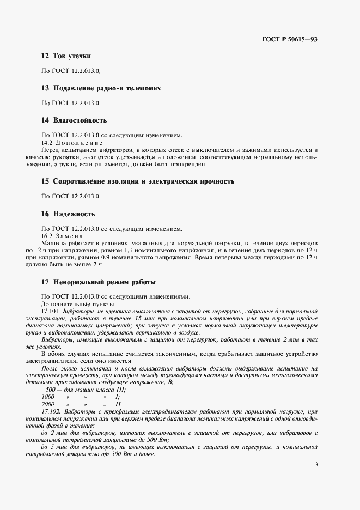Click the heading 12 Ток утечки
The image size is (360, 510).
[66, 56]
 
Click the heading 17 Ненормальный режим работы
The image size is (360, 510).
[99, 282]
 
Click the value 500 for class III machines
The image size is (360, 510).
[51, 389]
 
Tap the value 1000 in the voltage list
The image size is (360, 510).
[48, 397]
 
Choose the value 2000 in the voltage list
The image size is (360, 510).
[48, 404]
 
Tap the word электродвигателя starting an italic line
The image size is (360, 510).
[62, 361]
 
